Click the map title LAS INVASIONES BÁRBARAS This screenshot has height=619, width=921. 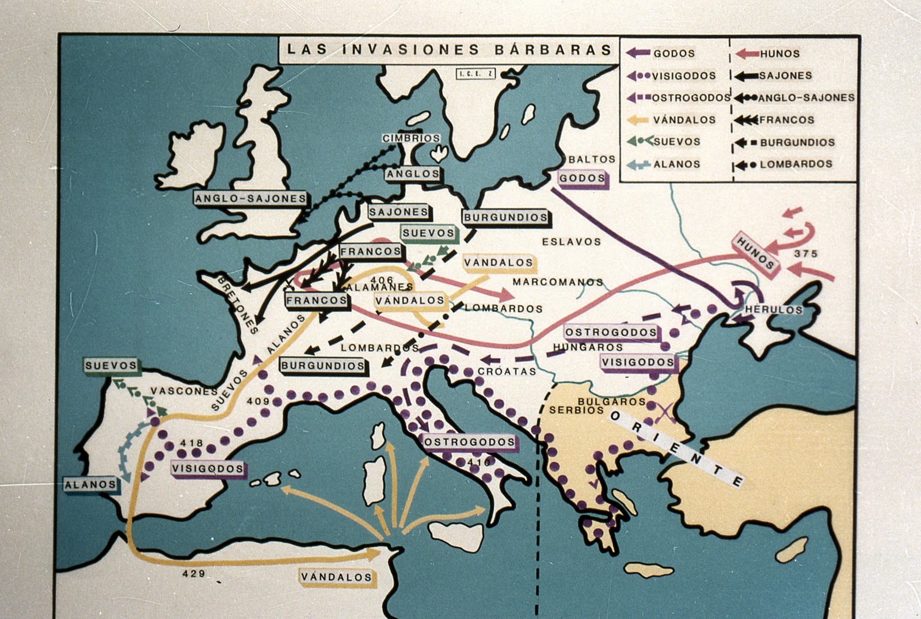[449, 50]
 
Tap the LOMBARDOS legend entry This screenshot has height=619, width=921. [796, 164]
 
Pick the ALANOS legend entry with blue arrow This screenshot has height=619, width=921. [676, 164]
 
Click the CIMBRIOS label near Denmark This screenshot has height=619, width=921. [411, 138]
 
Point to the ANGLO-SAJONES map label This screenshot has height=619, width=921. [250, 199]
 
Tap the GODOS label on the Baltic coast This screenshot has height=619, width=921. [582, 179]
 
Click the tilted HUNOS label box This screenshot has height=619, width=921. [756, 253]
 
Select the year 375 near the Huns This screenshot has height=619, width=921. [805, 253]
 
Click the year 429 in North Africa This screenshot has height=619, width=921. [193, 574]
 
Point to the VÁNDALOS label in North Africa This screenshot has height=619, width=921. [336, 577]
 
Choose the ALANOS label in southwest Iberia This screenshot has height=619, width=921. [90, 485]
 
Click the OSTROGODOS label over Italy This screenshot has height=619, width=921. [469, 442]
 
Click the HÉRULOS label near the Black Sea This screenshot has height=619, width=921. [773, 310]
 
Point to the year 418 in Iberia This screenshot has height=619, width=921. [192, 443]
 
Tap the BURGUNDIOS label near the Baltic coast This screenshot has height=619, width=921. [505, 218]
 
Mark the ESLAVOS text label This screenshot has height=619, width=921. [571, 242]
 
